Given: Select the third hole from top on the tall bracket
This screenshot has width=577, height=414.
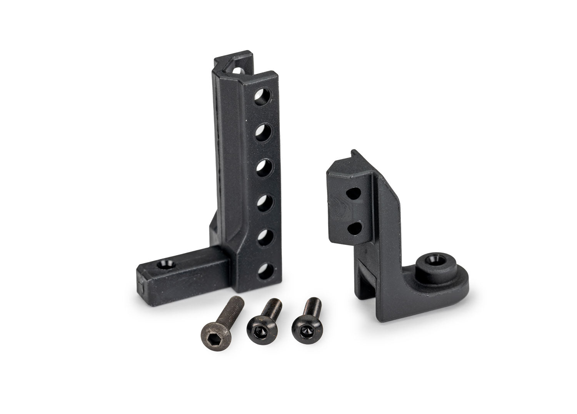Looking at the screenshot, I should [263, 168].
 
